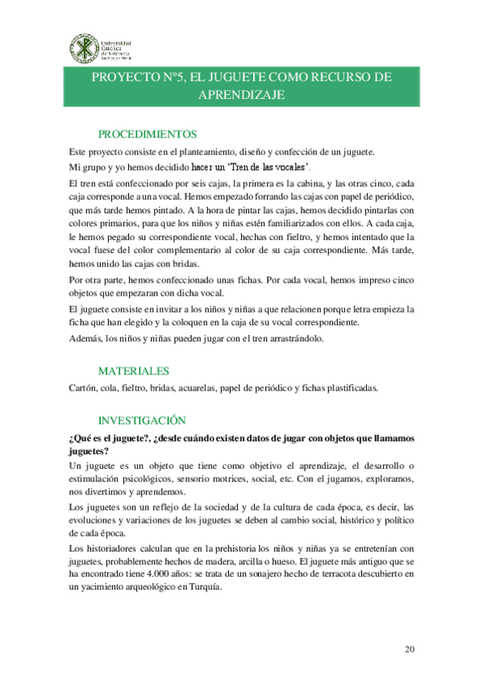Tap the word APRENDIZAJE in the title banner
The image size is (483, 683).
[241, 94]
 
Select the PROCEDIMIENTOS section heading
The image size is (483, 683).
[148, 134]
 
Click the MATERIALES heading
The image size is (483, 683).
[133, 371]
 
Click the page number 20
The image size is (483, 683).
[409, 648]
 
